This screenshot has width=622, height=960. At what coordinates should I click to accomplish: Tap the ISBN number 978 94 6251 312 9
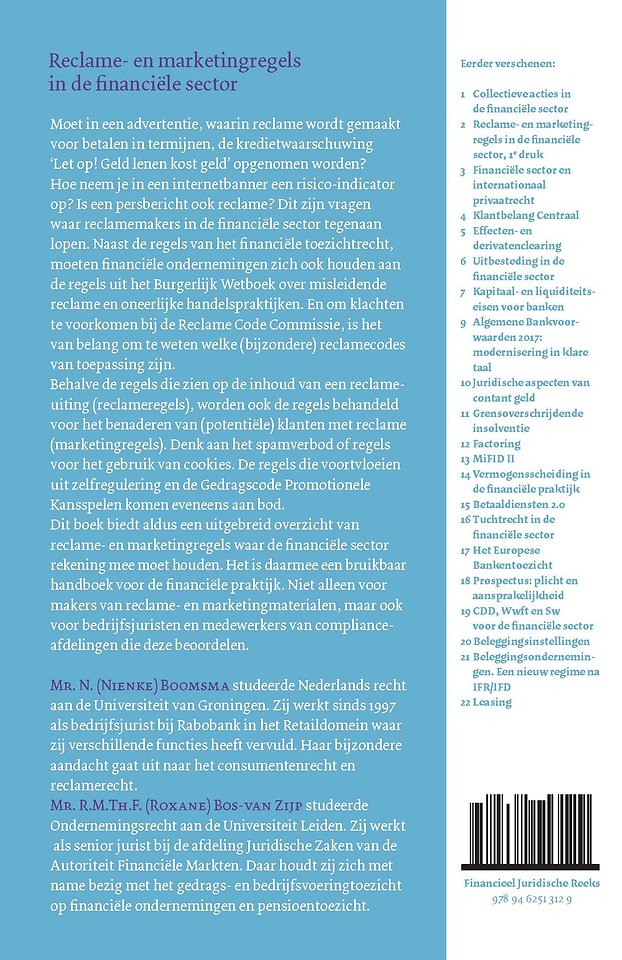[x=534, y=901]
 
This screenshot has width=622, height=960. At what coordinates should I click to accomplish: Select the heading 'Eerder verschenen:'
[x=507, y=64]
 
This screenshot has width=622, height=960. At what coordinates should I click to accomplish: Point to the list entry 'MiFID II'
[x=494, y=458]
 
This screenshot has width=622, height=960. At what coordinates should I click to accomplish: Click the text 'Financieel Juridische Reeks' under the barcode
[x=534, y=885]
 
